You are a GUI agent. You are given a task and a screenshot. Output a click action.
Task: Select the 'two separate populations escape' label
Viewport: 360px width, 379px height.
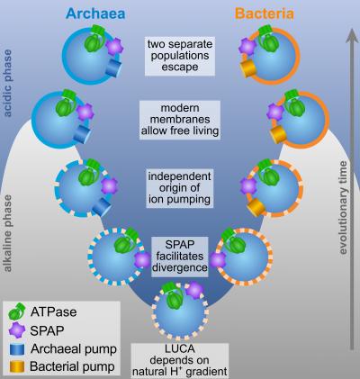(180, 54)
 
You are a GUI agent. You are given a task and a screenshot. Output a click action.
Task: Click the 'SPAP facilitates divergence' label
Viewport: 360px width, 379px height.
(180, 254)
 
